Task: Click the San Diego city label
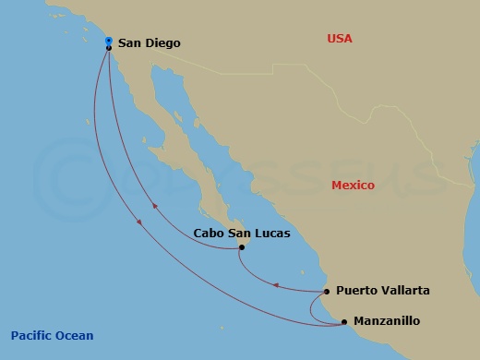[150, 42]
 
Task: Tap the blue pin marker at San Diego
[109, 42]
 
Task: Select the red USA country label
[340, 38]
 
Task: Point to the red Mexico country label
[353, 186]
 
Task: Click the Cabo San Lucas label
[242, 234]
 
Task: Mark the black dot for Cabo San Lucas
[242, 247]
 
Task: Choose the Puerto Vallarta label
[382, 290]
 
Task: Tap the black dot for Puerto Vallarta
[327, 292]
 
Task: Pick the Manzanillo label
[388, 321]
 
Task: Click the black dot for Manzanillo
[344, 322]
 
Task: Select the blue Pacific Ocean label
[52, 335]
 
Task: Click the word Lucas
[272, 234]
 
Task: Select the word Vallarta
[404, 290]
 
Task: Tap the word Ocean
[75, 335]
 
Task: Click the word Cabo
[208, 234]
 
